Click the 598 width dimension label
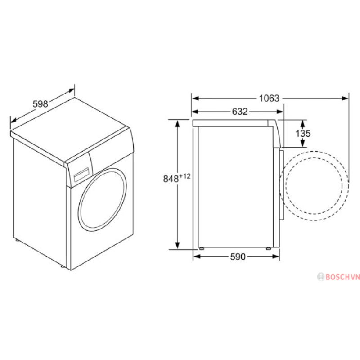[40, 104]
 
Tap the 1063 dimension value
[269, 98]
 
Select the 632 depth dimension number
[240, 112]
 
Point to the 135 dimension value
[303, 133]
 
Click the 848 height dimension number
[171, 179]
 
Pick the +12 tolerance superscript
[185, 176]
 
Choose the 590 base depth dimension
[238, 256]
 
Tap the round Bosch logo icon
[321, 277]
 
